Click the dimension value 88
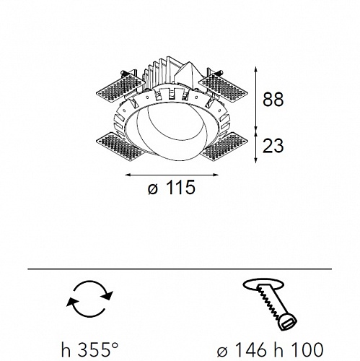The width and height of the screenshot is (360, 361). click(273, 99)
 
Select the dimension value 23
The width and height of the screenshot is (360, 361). click(273, 146)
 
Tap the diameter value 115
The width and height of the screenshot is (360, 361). click(180, 187)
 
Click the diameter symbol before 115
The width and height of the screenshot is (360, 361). click(153, 189)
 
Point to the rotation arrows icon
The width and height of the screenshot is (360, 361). click(90, 298)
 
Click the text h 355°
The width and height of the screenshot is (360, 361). click(90, 350)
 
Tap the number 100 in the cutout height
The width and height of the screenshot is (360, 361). click(306, 349)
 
